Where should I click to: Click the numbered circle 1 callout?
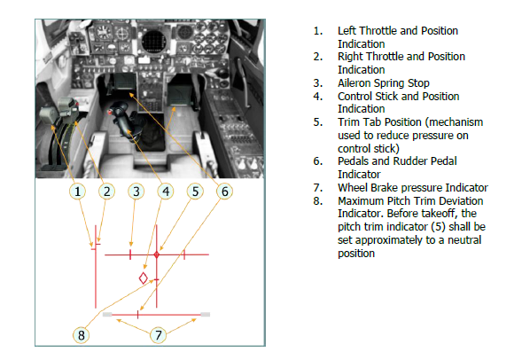tap(77, 192)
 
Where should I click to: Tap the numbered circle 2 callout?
tap(106, 192)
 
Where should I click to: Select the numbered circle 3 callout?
tap(136, 192)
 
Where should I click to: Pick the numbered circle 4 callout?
tap(166, 192)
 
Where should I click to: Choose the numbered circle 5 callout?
tap(195, 192)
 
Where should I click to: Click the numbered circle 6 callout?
tap(225, 192)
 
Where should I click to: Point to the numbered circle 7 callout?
tap(158, 335)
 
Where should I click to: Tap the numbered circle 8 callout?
tap(82, 335)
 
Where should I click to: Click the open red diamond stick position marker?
tap(144, 278)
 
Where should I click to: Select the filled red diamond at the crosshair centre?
tap(157, 254)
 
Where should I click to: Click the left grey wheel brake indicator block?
tap(107, 315)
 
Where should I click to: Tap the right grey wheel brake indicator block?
tap(206, 315)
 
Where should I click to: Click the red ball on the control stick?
tap(110, 113)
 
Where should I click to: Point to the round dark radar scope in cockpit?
tap(153, 42)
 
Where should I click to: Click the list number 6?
tap(318, 161)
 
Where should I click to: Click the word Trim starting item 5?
tap(347, 122)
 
